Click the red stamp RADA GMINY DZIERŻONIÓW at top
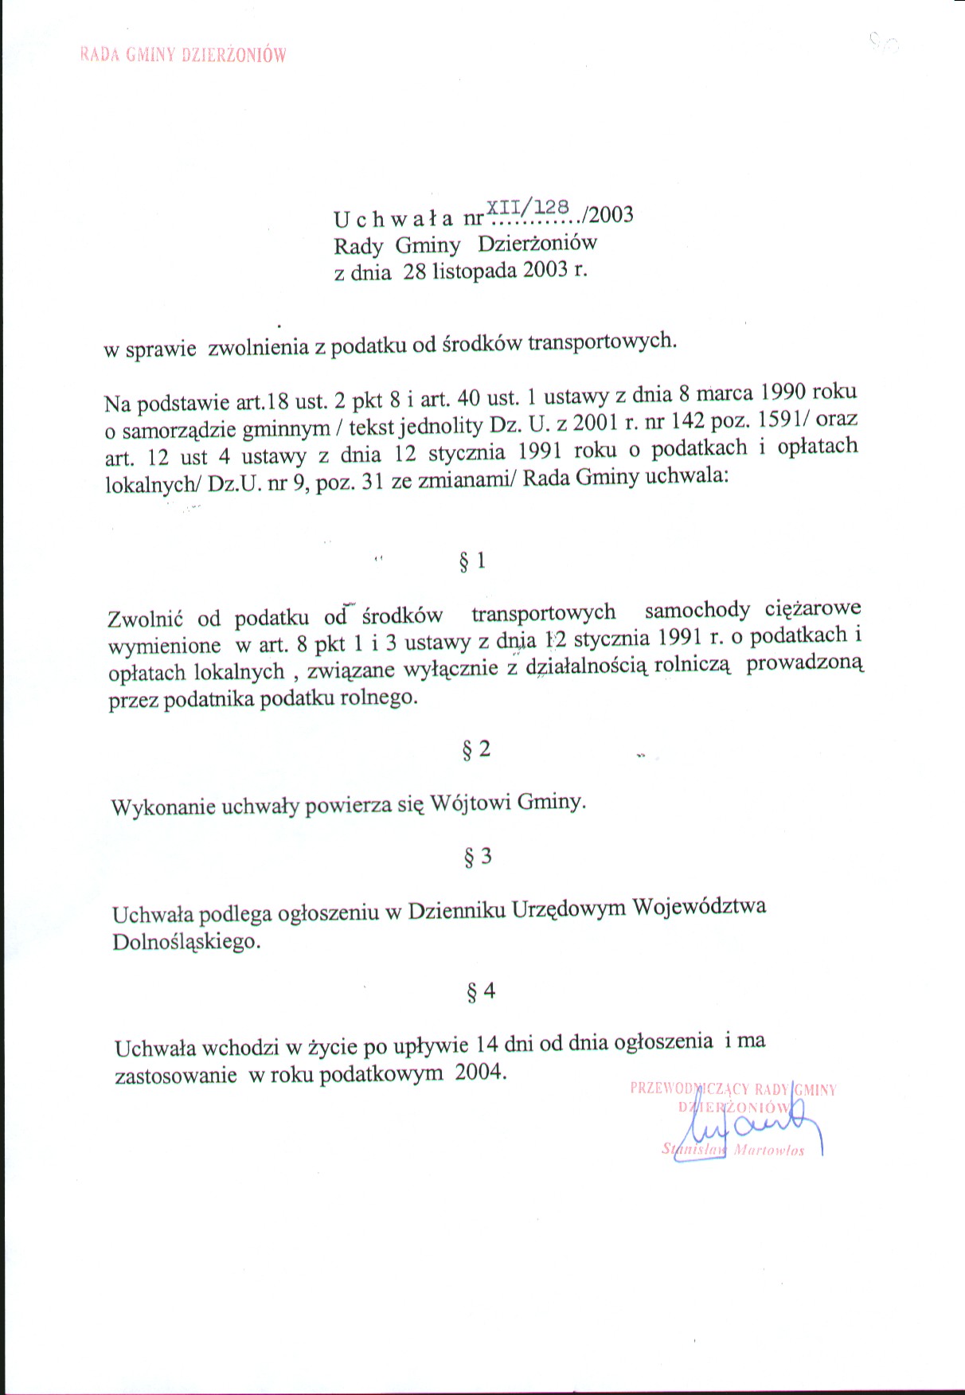(182, 55)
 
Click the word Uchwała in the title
(393, 218)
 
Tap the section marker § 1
(473, 562)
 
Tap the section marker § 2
(476, 749)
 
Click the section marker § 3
(478, 857)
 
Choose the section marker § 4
(480, 991)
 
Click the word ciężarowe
(813, 609)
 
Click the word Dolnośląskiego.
(186, 942)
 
